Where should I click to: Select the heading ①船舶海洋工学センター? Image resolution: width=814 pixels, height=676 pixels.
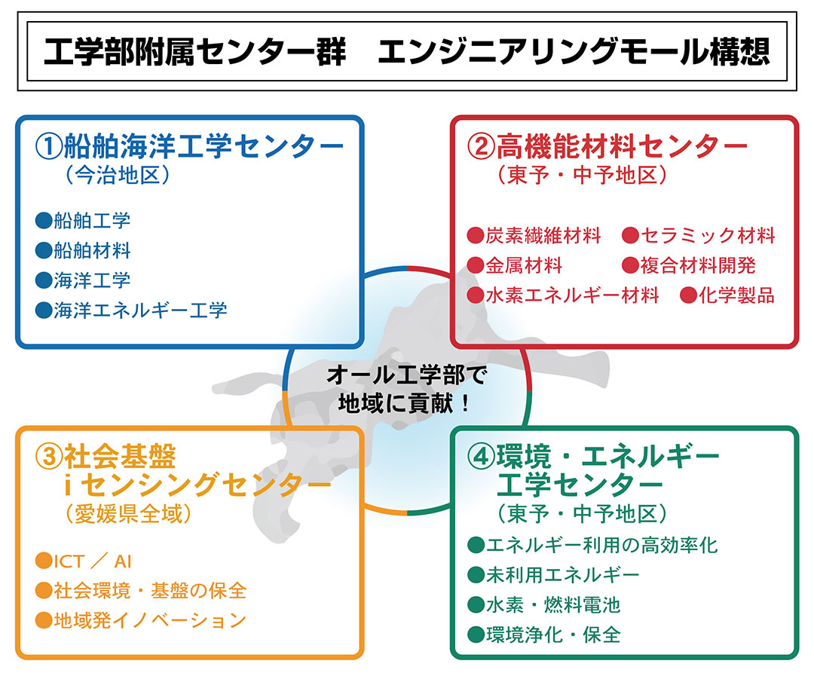[x=189, y=146]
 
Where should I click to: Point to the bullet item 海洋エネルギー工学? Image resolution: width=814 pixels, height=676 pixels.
[x=139, y=309]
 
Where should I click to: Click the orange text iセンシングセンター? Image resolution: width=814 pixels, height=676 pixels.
[x=197, y=485]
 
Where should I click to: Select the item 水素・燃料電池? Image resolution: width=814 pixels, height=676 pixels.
[x=553, y=604]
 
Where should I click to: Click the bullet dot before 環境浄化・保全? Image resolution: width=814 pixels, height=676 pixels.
[x=476, y=635]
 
